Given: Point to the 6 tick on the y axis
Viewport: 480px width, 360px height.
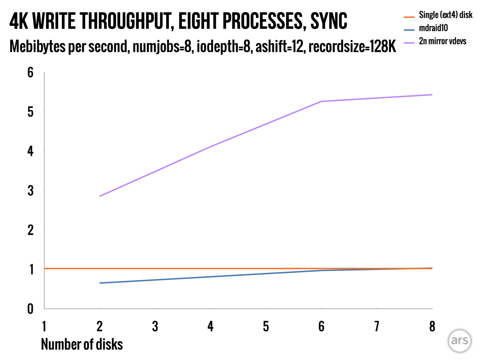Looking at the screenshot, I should coord(30,72).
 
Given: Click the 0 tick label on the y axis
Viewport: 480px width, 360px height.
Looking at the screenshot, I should coord(30,309).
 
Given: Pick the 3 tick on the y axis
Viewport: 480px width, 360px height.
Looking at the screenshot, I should coord(30,191).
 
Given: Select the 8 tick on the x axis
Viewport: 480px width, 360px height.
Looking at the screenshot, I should coord(432,327).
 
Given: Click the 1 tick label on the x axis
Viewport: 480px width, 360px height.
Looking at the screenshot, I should coord(44,327).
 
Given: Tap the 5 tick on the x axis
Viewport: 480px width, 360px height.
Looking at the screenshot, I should coord(266,327).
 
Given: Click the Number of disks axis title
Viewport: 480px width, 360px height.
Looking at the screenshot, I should coord(82,344).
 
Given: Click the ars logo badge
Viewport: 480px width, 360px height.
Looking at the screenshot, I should coord(459,340).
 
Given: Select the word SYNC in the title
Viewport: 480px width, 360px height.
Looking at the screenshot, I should coord(329,21).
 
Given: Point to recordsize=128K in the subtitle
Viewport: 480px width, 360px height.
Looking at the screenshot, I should coord(352,47).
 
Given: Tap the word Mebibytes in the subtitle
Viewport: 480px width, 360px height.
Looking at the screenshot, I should coord(38,47).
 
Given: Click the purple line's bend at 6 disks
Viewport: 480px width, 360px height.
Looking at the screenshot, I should coord(321,101).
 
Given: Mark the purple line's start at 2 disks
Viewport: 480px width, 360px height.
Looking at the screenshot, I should coord(100,196).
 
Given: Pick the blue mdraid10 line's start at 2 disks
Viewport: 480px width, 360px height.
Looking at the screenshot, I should coord(100,283).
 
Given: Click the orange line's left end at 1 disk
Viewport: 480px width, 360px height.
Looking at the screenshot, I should coord(45,268).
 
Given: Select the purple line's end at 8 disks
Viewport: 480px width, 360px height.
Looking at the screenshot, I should coord(432,95).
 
